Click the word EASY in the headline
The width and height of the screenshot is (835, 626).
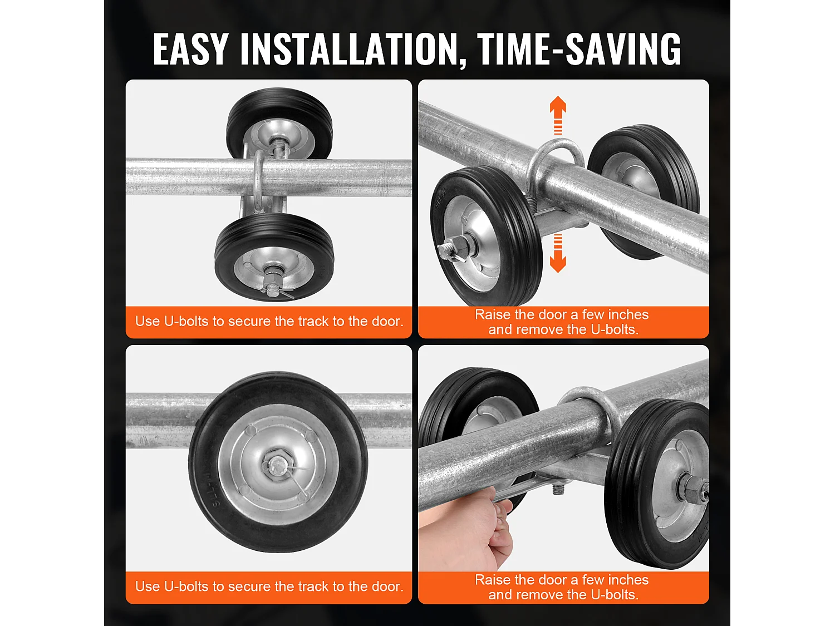click(190, 49)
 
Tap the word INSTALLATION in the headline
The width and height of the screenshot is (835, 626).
click(348, 49)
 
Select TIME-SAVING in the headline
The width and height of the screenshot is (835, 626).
click(578, 49)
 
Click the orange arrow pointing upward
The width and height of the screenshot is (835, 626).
click(558, 115)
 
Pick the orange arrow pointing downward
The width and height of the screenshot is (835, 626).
click(558, 253)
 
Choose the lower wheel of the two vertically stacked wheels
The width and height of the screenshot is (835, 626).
click(274, 258)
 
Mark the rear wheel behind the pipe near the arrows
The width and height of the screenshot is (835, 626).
click(644, 191)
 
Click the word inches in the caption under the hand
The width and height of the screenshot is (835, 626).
click(626, 580)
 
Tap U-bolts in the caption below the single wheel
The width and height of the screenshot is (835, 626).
click(186, 586)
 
